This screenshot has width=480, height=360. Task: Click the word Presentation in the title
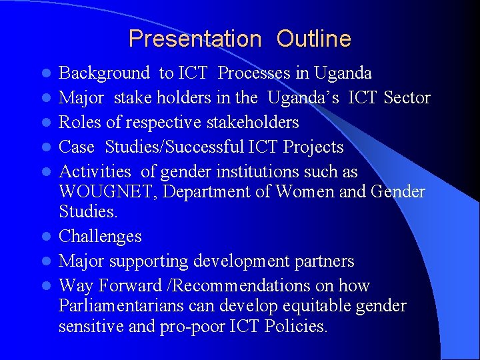[x=195, y=39]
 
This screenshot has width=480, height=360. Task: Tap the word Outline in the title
[x=313, y=39]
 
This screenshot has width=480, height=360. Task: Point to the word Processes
[x=255, y=73]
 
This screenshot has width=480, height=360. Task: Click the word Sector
[x=407, y=98]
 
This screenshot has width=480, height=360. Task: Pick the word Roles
[x=79, y=123]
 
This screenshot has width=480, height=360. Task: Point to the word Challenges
[x=100, y=237]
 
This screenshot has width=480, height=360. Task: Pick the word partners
[x=323, y=261]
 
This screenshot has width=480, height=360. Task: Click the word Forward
[x=123, y=286]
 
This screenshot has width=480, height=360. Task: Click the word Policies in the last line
[x=297, y=327]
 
